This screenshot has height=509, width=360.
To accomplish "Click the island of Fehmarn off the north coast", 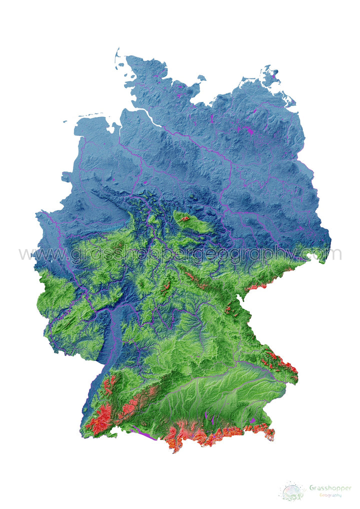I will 201,78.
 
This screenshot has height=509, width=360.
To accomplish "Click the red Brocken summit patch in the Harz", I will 185,218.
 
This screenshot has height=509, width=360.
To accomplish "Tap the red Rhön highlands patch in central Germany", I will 167,287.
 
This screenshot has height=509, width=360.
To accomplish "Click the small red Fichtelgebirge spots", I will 228,310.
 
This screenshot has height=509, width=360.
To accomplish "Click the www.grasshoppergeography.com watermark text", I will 180,253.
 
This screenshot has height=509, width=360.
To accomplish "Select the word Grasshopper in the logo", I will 330,487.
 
